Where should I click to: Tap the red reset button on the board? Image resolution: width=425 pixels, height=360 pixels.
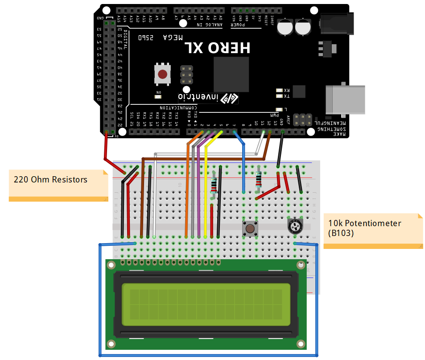[x=162, y=74]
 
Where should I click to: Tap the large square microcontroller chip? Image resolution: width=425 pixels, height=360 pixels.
[x=231, y=74]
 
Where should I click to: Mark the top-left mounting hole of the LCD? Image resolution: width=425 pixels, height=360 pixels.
[x=111, y=265]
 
